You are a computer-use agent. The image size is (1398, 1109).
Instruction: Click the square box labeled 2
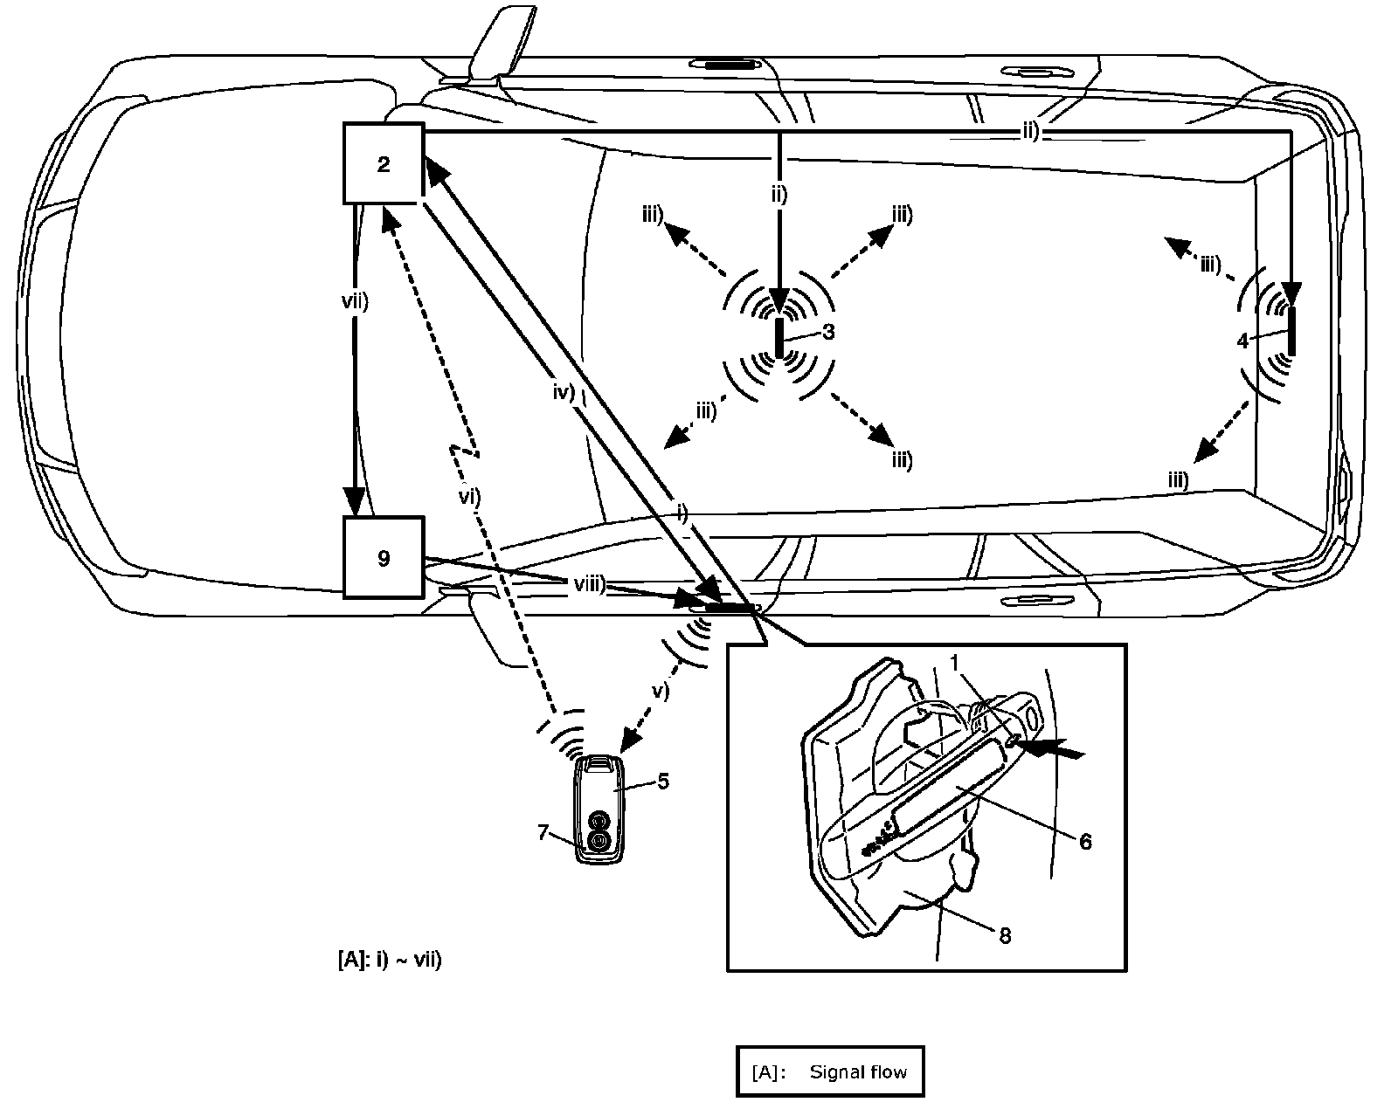tap(384, 164)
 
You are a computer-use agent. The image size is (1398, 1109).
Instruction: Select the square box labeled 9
tap(384, 558)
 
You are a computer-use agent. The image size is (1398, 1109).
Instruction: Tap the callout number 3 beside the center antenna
tap(827, 332)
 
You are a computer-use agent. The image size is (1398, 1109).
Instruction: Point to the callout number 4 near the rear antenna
tap(1243, 341)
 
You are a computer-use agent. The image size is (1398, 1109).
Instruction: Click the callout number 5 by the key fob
tap(663, 781)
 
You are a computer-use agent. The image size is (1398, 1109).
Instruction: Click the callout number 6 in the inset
tap(1085, 841)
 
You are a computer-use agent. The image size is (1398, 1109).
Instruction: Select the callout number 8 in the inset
tap(1005, 935)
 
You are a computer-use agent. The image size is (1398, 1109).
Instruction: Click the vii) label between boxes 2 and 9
tap(355, 303)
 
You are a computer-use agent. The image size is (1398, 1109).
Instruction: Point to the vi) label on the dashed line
tap(470, 495)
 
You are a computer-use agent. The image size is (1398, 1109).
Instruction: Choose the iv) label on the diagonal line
tap(563, 392)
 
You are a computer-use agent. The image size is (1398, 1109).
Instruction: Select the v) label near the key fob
tap(660, 690)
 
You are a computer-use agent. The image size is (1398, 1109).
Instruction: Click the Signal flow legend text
tap(858, 1071)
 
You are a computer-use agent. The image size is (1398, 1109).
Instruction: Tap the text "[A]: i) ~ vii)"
tap(389, 960)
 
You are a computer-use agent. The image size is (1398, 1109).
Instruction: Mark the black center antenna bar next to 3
tap(780, 335)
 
